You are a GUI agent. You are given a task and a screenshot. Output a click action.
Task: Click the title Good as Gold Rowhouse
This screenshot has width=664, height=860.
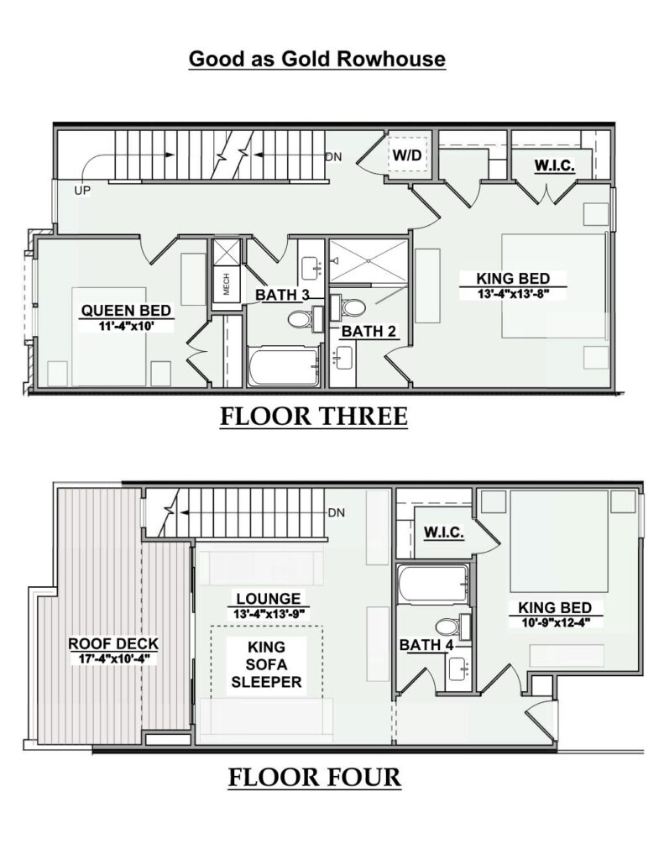[317, 59]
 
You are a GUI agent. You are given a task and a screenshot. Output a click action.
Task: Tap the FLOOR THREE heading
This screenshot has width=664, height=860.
[314, 417]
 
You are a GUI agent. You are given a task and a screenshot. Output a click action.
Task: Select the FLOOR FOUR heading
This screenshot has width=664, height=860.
[315, 777]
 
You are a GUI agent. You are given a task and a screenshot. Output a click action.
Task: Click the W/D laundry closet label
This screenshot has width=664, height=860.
[407, 155]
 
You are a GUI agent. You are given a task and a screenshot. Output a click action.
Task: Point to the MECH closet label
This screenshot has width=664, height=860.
[226, 284]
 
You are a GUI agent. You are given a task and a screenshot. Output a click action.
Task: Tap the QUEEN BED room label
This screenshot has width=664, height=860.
[126, 311]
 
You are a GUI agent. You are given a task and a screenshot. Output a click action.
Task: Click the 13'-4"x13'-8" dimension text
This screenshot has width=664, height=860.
[513, 294]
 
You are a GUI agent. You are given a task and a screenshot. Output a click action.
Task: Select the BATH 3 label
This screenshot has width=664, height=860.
[282, 295]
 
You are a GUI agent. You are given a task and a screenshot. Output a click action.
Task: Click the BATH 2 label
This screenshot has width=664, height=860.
[369, 331]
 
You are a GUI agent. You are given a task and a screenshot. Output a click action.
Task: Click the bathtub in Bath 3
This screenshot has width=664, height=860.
[283, 366]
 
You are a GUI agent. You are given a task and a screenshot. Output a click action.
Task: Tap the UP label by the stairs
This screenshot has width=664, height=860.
[81, 191]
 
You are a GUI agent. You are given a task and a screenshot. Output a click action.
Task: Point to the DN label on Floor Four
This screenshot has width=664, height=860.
[337, 513]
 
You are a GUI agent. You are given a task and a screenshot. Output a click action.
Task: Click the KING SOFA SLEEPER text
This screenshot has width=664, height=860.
[267, 664]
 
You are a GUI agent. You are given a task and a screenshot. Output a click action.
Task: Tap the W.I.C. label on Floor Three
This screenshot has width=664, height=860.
[554, 165]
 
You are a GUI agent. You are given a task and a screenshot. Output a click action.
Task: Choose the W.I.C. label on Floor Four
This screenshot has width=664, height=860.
[444, 532]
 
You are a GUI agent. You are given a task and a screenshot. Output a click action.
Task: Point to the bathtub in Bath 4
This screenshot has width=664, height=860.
[433, 585]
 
